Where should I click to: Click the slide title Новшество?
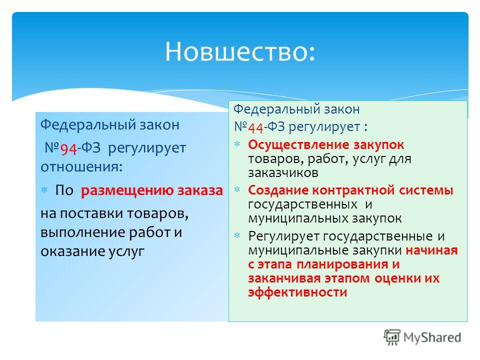240,51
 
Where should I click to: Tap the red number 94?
68,149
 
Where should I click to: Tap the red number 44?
255,127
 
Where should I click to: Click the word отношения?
81,167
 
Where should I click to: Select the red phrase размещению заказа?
152,190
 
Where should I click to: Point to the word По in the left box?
64,190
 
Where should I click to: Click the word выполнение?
82,232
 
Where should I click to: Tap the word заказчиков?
283,173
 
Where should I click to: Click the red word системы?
426,190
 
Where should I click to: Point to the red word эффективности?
297,292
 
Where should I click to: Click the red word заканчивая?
284,278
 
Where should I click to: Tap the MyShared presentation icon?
392,337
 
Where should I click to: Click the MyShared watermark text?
432,337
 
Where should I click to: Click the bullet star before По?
44,190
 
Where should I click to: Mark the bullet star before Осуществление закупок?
237,144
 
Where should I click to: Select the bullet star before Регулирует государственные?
237,235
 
